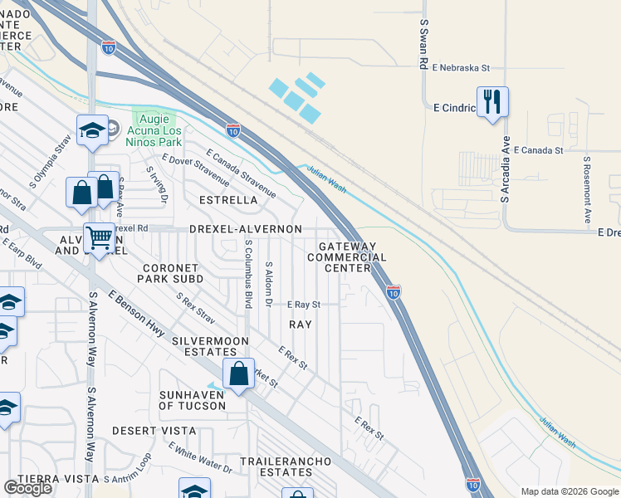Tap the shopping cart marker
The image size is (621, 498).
coord(99,239)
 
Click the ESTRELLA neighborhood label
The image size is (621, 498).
coord(229,200)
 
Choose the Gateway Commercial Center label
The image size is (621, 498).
coord(348,256)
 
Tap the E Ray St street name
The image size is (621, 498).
coord(303,305)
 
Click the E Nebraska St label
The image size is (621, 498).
coord(455,68)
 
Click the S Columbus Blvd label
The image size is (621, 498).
coord(248,274)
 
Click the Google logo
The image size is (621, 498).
coord(28,488)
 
